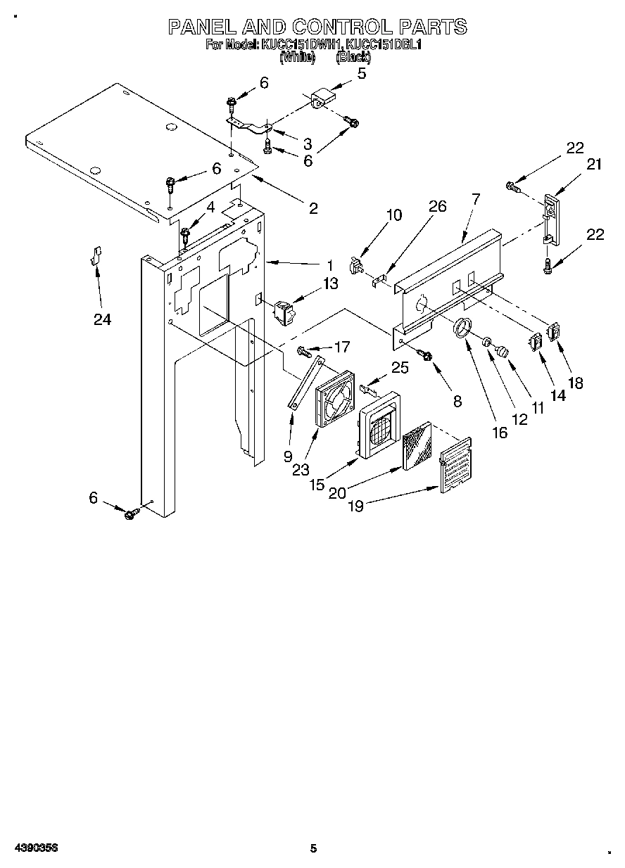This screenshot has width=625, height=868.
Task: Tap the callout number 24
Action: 103,319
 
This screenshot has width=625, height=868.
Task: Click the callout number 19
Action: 356,506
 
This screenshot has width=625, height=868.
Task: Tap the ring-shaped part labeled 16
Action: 461,328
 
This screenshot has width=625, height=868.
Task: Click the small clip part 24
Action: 96,256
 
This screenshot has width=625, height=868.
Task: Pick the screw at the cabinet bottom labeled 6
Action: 131,515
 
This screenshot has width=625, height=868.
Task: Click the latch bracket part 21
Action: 550,219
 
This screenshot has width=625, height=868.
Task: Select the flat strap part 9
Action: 305,383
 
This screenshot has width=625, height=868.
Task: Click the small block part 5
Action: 322,98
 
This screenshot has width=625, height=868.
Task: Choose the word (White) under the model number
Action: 297,58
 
